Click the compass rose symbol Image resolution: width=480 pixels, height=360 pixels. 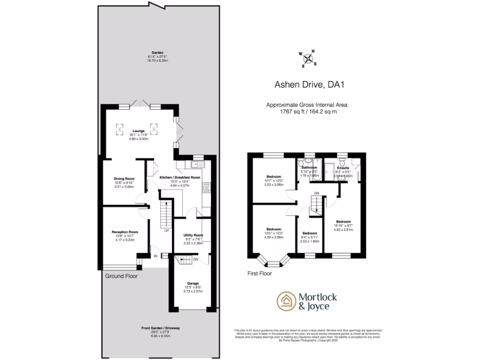[308, 59]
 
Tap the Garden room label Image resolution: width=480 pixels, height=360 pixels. [157, 52]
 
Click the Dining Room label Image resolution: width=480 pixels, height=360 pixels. [124, 179]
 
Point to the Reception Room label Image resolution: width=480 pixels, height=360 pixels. [125, 232]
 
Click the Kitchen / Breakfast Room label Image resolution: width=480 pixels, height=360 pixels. [180, 178]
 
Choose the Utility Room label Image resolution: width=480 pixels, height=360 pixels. [192, 235]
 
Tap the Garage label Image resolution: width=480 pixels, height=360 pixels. [193, 283]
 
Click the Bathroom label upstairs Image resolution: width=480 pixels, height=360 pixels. [309, 167]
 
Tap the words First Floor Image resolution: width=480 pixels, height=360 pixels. [259, 273]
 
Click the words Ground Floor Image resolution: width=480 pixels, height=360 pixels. [120, 276]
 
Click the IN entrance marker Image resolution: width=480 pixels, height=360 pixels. [156, 256]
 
